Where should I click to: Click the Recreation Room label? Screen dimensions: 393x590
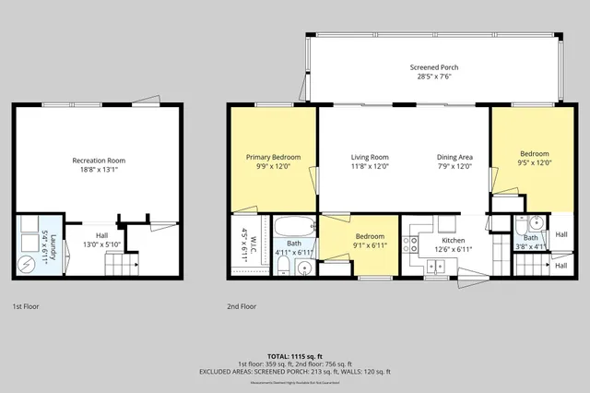click(x=99, y=161)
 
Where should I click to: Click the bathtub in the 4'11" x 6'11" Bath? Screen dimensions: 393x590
click(x=294, y=226)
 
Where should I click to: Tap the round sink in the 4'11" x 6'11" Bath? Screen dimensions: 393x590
click(x=305, y=267)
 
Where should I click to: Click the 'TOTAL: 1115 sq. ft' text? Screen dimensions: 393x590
click(x=295, y=355)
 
